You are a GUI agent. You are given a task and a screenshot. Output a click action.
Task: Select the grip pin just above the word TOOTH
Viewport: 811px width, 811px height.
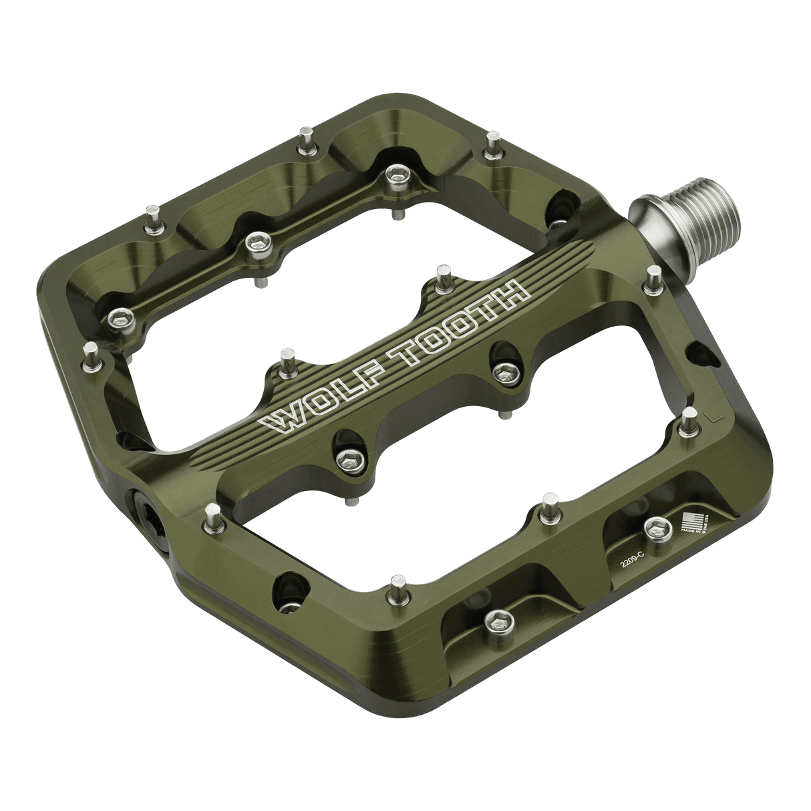[442, 275]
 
